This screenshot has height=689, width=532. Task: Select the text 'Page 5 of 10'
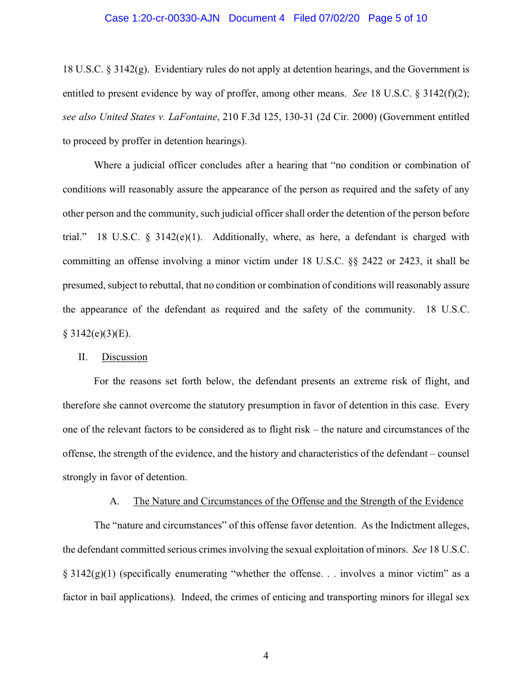click(x=398, y=18)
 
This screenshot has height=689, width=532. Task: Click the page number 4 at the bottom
click(x=266, y=656)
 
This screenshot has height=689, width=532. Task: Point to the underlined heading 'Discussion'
click(x=124, y=357)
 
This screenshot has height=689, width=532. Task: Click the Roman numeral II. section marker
click(x=83, y=357)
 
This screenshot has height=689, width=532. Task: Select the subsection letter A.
click(x=115, y=501)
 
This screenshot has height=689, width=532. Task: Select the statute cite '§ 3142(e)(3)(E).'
click(x=96, y=333)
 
